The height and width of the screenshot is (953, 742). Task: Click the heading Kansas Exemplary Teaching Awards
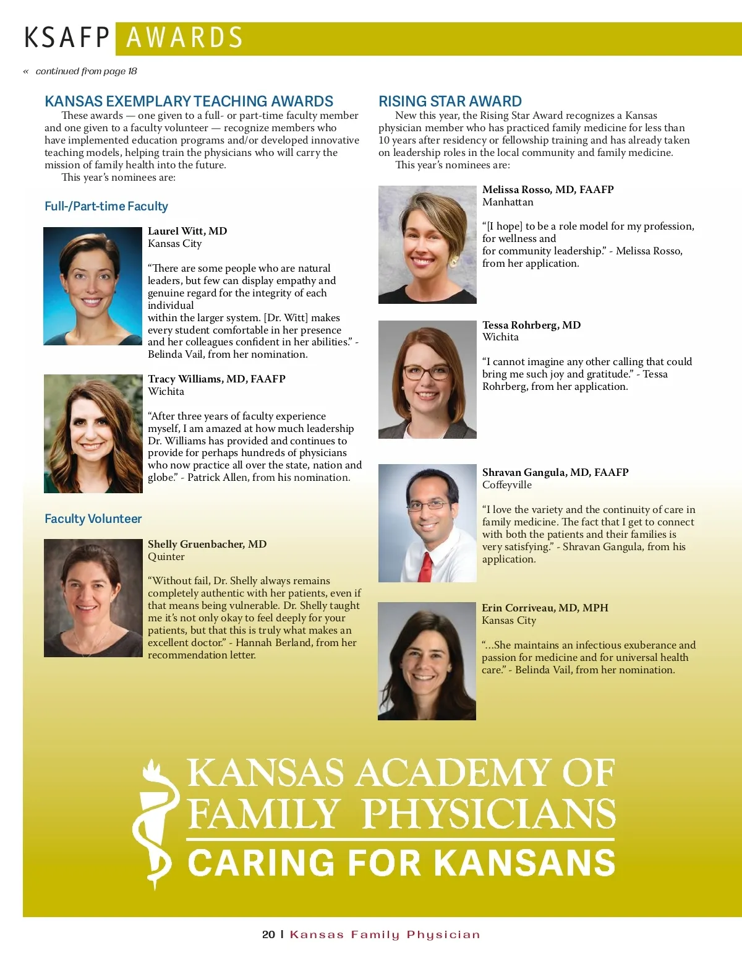189,101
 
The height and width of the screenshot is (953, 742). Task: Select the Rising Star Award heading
450,101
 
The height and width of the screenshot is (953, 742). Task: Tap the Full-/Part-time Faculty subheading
106,207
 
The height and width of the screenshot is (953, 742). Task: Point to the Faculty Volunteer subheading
93,519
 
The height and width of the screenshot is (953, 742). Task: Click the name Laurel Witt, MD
187,231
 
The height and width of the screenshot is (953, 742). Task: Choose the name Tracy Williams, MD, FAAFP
216,379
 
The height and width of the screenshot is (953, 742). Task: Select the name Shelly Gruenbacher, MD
207,545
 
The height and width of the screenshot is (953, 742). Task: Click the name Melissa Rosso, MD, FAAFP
548,190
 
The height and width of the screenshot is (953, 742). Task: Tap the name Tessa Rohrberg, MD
531,326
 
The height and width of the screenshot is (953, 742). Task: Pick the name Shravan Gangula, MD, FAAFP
555,473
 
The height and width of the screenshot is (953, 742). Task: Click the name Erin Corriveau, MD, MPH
545,608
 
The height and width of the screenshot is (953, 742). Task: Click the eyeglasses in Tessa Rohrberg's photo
427,373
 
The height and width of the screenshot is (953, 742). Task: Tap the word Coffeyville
506,485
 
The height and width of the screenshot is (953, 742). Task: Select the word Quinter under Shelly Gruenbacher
166,557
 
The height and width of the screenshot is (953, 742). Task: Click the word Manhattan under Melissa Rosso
508,202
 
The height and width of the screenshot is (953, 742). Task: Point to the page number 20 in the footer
268,934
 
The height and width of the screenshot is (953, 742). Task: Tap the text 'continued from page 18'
86,71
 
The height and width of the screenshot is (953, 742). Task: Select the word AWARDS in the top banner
184,38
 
